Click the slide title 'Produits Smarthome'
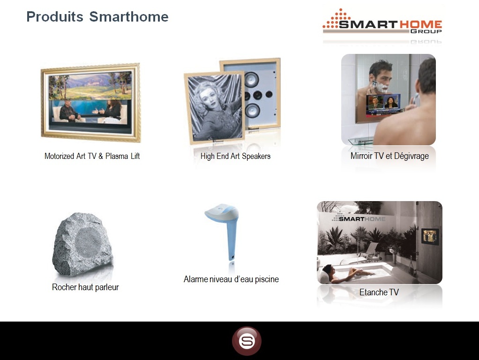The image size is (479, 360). click(97, 16)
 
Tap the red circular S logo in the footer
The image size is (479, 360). click(247, 341)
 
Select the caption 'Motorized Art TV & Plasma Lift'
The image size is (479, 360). click(92, 156)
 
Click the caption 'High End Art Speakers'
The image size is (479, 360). click(235, 156)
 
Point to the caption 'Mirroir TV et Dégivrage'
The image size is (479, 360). click(389, 156)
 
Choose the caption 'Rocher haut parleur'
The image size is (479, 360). click(85, 287)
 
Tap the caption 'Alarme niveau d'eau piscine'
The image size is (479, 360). click(231, 279)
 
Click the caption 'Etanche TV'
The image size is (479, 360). click(379, 292)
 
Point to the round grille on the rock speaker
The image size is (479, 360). click(88, 241)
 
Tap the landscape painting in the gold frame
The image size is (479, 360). click(90, 85)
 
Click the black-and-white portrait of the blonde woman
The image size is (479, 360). click(215, 107)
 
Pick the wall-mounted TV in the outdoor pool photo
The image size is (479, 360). click(430, 236)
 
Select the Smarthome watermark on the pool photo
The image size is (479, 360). click(359, 217)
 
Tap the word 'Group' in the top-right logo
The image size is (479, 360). click(426, 31)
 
